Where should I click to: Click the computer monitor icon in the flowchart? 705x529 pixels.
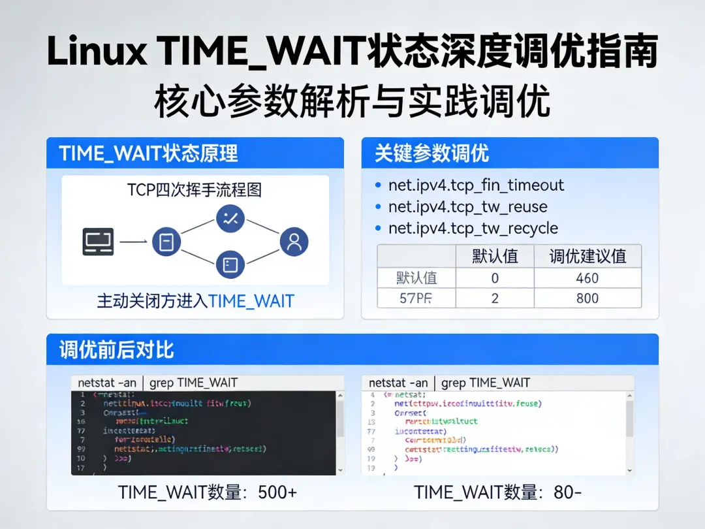(98, 241)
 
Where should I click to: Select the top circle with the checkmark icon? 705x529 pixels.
(230, 219)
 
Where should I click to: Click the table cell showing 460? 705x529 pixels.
(587, 278)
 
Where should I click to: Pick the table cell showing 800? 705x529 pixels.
(587, 298)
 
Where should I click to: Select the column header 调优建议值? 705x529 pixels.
(587, 256)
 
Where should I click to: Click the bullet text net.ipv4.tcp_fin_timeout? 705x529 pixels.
(476, 185)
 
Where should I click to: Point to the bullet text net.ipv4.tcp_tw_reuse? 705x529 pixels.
(467, 207)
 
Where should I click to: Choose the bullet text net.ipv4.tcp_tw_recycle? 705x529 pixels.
(473, 229)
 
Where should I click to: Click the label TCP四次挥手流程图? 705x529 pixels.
(195, 190)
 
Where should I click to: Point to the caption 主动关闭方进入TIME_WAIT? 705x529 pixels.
(195, 301)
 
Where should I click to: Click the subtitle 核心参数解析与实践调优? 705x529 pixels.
(352, 102)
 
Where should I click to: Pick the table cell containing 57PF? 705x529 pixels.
(416, 298)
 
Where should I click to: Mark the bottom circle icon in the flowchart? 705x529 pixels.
(230, 264)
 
